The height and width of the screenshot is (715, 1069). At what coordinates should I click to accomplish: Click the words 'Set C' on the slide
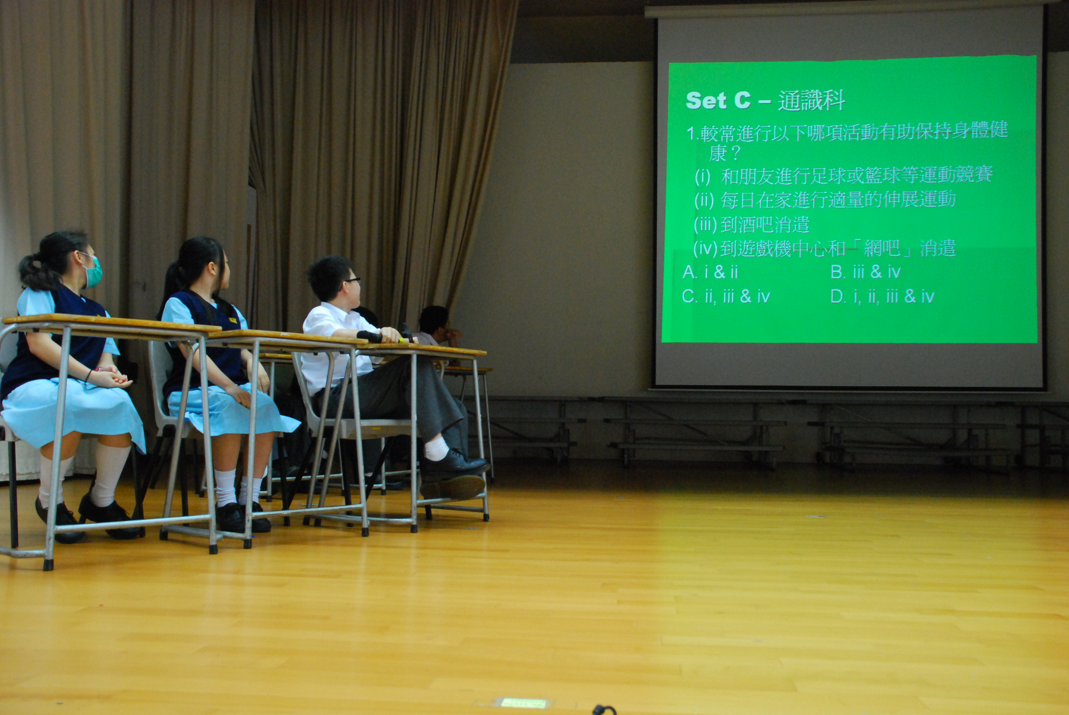pyautogui.click(x=718, y=101)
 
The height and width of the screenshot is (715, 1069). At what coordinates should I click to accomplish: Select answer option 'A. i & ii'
pyautogui.click(x=710, y=272)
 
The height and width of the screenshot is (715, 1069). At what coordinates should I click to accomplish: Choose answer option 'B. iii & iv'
pyautogui.click(x=865, y=272)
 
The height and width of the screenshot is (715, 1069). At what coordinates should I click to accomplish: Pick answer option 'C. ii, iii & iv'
pyautogui.click(x=726, y=297)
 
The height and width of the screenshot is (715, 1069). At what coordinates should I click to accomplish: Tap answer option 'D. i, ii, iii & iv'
pyautogui.click(x=882, y=297)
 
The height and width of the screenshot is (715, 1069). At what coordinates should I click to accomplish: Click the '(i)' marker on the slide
pyautogui.click(x=703, y=177)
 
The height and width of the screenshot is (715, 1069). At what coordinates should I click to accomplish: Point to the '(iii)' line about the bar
pyautogui.click(x=751, y=225)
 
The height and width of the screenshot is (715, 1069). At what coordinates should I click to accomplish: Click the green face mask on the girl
pyautogui.click(x=94, y=272)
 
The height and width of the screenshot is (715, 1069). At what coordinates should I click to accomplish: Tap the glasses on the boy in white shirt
pyautogui.click(x=352, y=281)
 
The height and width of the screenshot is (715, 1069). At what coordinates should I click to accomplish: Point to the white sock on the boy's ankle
pyautogui.click(x=437, y=448)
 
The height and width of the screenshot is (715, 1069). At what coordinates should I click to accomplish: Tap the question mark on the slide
pyautogui.click(x=735, y=153)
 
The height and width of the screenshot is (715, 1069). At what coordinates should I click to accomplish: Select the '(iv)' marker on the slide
pyautogui.click(x=706, y=249)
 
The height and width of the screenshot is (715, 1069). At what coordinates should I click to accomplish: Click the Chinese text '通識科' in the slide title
pyautogui.click(x=811, y=101)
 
